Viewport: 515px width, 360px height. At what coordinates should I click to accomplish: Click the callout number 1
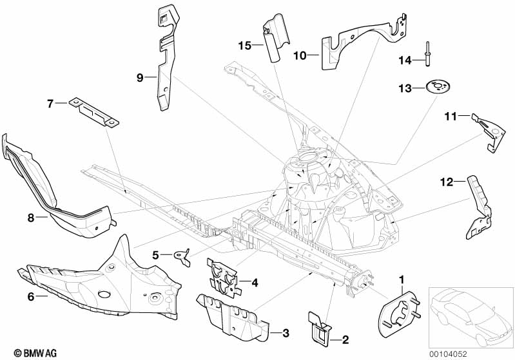[403, 279]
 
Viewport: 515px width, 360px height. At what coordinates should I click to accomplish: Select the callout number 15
[244, 45]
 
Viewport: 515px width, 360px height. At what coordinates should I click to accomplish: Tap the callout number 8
[30, 218]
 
